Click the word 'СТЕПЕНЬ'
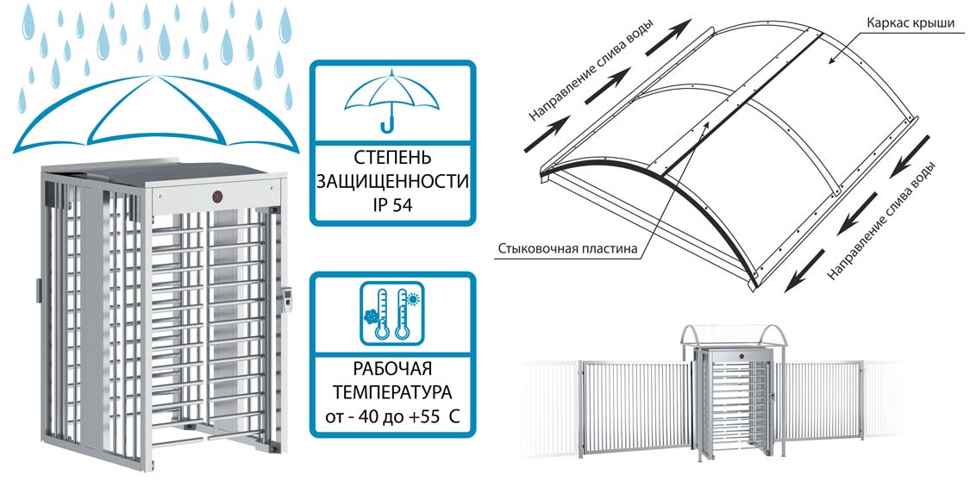[x=391, y=159]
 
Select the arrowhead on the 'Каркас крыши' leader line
[x=829, y=62]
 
